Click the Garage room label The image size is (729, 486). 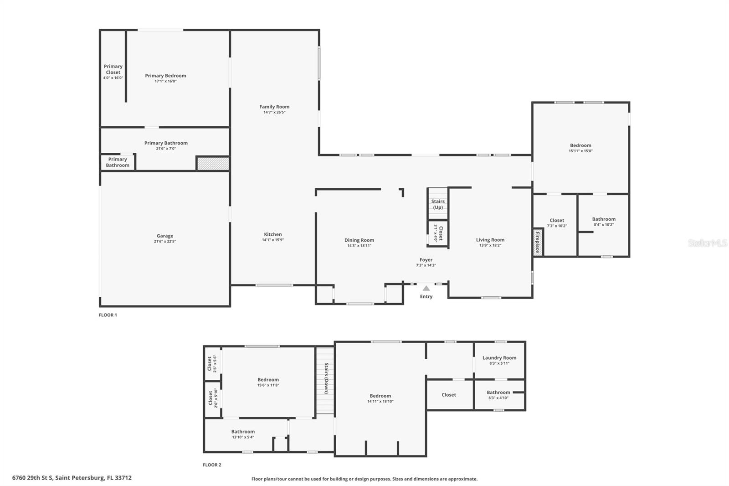165,236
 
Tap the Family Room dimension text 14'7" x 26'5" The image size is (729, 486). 274,112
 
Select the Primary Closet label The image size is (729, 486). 113,69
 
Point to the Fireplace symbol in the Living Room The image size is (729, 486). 538,242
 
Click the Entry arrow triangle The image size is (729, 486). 426,288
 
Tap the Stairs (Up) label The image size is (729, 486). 438,204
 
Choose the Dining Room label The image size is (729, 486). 359,240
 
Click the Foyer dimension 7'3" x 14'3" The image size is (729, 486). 426,265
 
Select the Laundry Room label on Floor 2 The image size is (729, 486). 499,358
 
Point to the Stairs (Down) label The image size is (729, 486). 326,378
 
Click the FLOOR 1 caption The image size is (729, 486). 108,315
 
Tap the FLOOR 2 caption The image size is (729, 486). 212,465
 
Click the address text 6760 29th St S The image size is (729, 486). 72,478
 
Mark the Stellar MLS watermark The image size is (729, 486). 707,243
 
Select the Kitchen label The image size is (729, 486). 273,234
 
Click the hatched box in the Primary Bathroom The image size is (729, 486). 213,163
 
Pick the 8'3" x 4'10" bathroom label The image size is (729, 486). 498,395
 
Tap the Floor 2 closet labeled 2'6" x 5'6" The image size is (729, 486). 212,363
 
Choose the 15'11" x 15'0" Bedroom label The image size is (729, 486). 580,148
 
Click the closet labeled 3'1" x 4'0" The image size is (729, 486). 438,233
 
